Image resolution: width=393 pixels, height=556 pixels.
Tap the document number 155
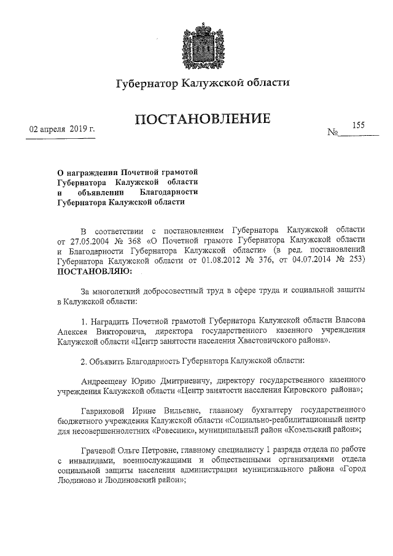coord(358,125)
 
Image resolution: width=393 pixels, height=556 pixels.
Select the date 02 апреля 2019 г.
coord(60,130)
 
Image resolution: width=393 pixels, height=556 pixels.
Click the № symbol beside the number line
coord(335,132)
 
